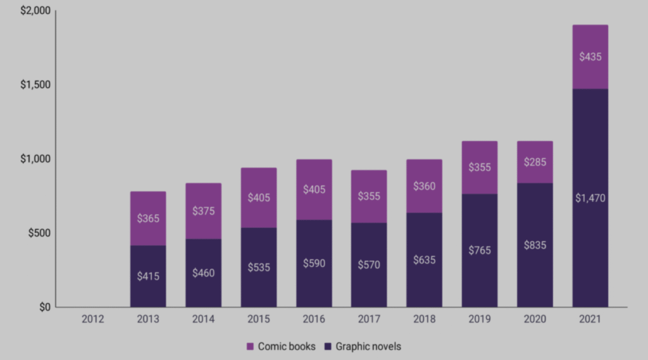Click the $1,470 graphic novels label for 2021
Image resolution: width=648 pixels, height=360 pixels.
[590, 198]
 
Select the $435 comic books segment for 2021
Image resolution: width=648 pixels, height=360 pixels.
[590, 57]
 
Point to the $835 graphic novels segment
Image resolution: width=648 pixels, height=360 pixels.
[535, 245]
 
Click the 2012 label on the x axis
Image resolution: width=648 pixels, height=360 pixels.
[92, 320]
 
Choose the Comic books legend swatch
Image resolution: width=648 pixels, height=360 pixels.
[250, 346]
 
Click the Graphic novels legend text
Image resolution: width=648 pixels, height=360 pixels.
[368, 346]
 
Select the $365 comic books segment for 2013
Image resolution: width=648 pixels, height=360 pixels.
[148, 218]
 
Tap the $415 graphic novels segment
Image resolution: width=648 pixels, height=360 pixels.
[148, 276]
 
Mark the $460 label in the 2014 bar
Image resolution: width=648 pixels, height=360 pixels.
[203, 273]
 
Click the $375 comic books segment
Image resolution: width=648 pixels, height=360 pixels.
[203, 211]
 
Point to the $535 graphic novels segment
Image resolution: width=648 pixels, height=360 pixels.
[258, 267]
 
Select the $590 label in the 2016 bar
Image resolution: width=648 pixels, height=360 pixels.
[314, 263]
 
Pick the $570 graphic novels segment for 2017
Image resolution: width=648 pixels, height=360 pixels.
[369, 264]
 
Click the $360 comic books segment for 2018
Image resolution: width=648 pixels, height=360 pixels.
[424, 187]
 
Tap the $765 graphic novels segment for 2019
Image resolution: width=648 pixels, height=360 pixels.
[479, 250]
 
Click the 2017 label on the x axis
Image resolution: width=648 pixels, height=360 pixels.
[369, 320]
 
